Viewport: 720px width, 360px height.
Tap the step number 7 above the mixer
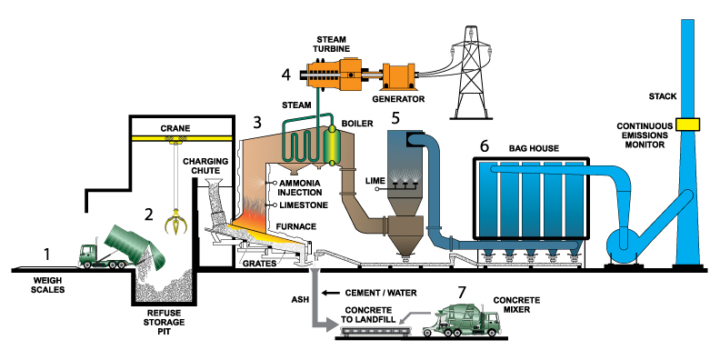pyautogui.click(x=463, y=292)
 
